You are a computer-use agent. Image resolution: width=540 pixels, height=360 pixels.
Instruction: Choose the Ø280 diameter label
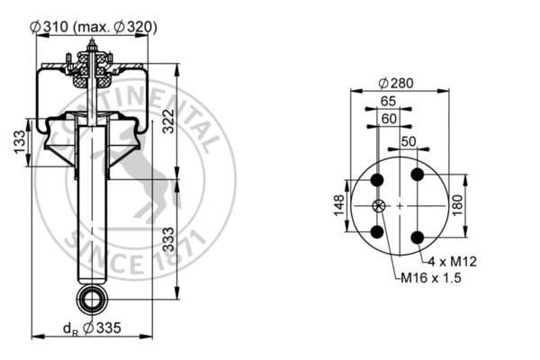click(x=397, y=84)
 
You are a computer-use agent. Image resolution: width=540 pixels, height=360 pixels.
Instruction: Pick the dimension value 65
click(x=389, y=101)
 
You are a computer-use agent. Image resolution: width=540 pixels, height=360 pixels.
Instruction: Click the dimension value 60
click(x=389, y=118)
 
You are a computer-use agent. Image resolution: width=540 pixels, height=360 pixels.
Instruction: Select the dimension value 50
click(x=409, y=142)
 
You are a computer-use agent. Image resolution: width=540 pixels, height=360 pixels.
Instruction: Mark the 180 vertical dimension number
click(x=457, y=205)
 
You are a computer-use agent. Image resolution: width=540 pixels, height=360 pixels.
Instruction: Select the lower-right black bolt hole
click(x=417, y=236)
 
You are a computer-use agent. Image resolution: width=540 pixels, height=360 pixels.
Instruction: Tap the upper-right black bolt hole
click(x=417, y=175)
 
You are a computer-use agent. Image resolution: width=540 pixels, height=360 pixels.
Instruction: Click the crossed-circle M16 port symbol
click(x=377, y=206)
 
